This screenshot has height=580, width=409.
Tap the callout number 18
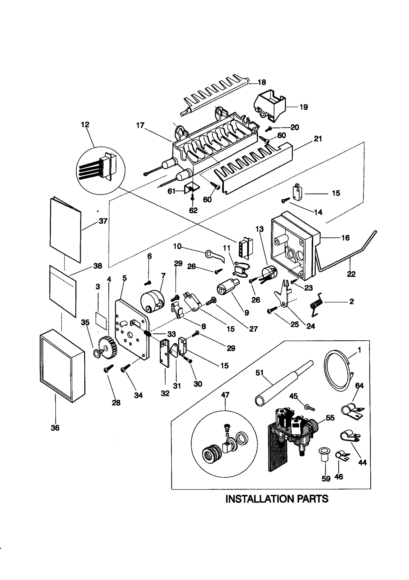coord(262,82)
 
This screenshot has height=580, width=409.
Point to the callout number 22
coord(351,274)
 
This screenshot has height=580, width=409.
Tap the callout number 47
coord(225,395)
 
